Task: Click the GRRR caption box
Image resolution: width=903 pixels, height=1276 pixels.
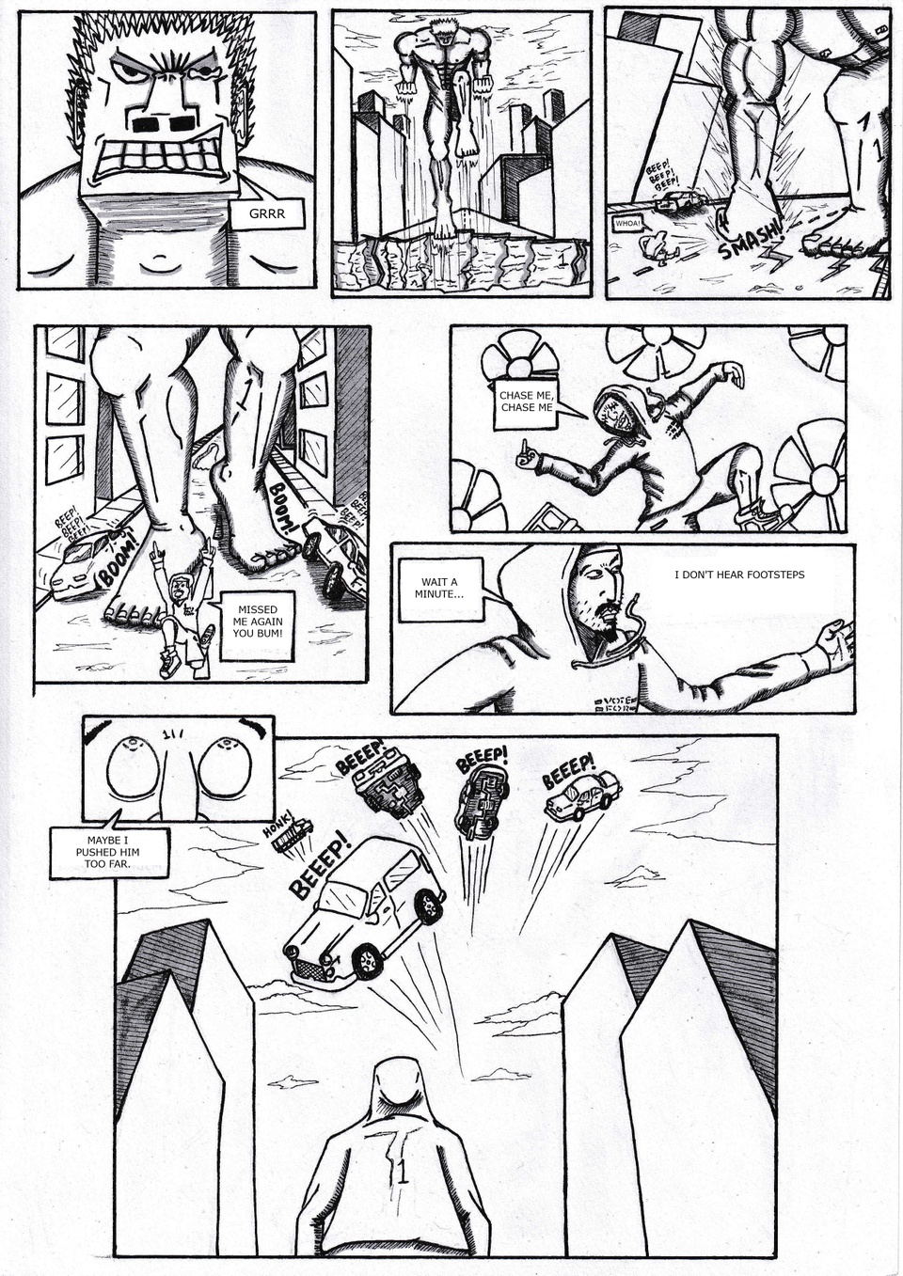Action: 266,214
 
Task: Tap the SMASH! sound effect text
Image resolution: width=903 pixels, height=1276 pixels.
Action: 750,239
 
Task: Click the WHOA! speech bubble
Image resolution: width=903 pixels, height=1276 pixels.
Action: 627,224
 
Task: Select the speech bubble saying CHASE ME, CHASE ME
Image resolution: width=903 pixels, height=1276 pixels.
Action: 526,402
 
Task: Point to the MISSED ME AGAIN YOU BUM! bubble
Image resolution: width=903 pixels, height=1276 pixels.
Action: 258,621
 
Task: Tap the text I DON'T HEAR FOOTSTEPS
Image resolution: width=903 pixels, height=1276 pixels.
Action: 739,575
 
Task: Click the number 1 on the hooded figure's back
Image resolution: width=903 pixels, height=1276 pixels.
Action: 403,1173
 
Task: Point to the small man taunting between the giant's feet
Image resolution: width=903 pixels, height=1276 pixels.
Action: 183,611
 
